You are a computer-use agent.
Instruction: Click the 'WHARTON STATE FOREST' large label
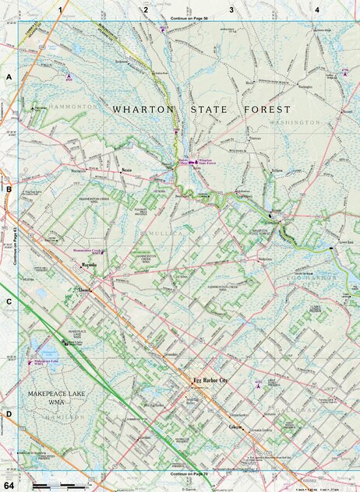click(x=201, y=110)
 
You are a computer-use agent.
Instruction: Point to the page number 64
click(x=9, y=484)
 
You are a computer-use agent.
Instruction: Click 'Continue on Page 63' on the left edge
click(x=15, y=245)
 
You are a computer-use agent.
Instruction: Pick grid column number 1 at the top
click(x=59, y=9)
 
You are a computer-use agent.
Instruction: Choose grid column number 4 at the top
click(x=317, y=9)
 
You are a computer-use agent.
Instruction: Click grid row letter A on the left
click(x=9, y=78)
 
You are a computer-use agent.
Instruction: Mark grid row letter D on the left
click(x=9, y=413)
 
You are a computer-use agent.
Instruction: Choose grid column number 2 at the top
click(x=146, y=9)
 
